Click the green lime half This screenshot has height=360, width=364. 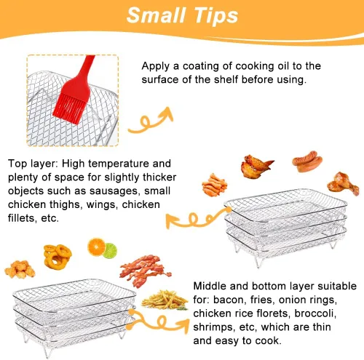point(111,251)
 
